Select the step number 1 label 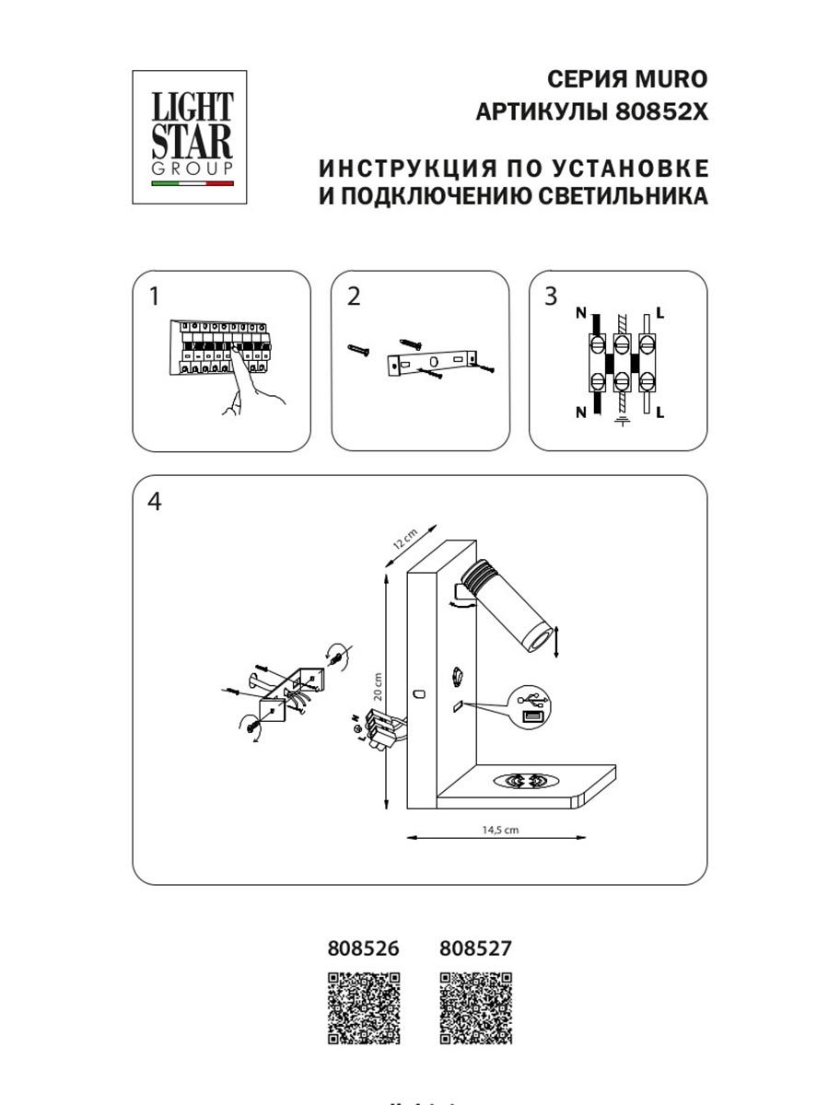[154, 297]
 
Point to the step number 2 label [354, 297]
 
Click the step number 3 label [551, 297]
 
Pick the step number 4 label [154, 502]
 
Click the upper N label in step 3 [580, 314]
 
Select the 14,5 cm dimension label [500, 829]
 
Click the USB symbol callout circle [532, 707]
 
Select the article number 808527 [475, 948]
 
